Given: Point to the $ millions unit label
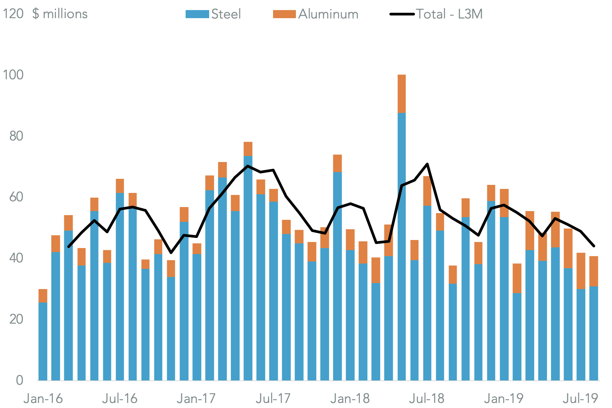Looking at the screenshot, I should [x=60, y=14].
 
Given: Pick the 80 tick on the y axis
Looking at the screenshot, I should [x=16, y=136].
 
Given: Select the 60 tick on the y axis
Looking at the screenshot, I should [x=16, y=197].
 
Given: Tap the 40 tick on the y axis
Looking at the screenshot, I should [x=16, y=258].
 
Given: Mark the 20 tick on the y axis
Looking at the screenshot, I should [x=16, y=319].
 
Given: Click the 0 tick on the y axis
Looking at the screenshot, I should [x=20, y=380].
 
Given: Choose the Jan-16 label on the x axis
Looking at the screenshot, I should [x=43, y=399].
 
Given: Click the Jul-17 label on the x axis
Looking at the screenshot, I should [x=273, y=399].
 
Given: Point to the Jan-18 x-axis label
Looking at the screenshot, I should [x=350, y=399].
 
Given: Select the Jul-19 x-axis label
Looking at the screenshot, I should [x=580, y=399].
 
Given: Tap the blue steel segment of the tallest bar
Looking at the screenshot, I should [x=401, y=245].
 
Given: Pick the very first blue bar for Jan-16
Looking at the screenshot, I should [x=43, y=341].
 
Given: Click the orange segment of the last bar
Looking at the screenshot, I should [x=594, y=271].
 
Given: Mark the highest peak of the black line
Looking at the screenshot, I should [x=427, y=164].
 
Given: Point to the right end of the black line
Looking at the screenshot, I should [x=594, y=246].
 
